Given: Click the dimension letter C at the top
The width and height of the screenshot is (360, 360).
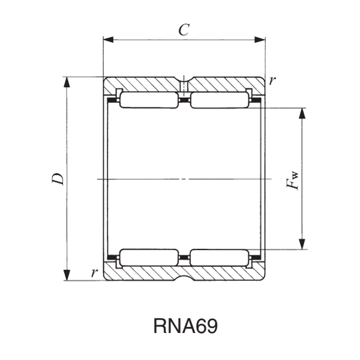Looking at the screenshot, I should (184, 30).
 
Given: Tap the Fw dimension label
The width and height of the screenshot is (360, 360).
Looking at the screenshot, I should (293, 179).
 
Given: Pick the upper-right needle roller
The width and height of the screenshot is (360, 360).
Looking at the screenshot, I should (219, 100).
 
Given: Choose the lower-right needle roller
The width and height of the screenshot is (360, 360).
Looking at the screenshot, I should (219, 258).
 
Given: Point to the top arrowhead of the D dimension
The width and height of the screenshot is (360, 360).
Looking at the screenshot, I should (67, 82).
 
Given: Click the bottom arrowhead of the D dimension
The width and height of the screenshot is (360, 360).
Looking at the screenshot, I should (67, 276).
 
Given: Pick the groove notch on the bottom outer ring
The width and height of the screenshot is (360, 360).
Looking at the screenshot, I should (184, 278).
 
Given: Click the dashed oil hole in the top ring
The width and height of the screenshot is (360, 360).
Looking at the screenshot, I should (184, 89).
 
